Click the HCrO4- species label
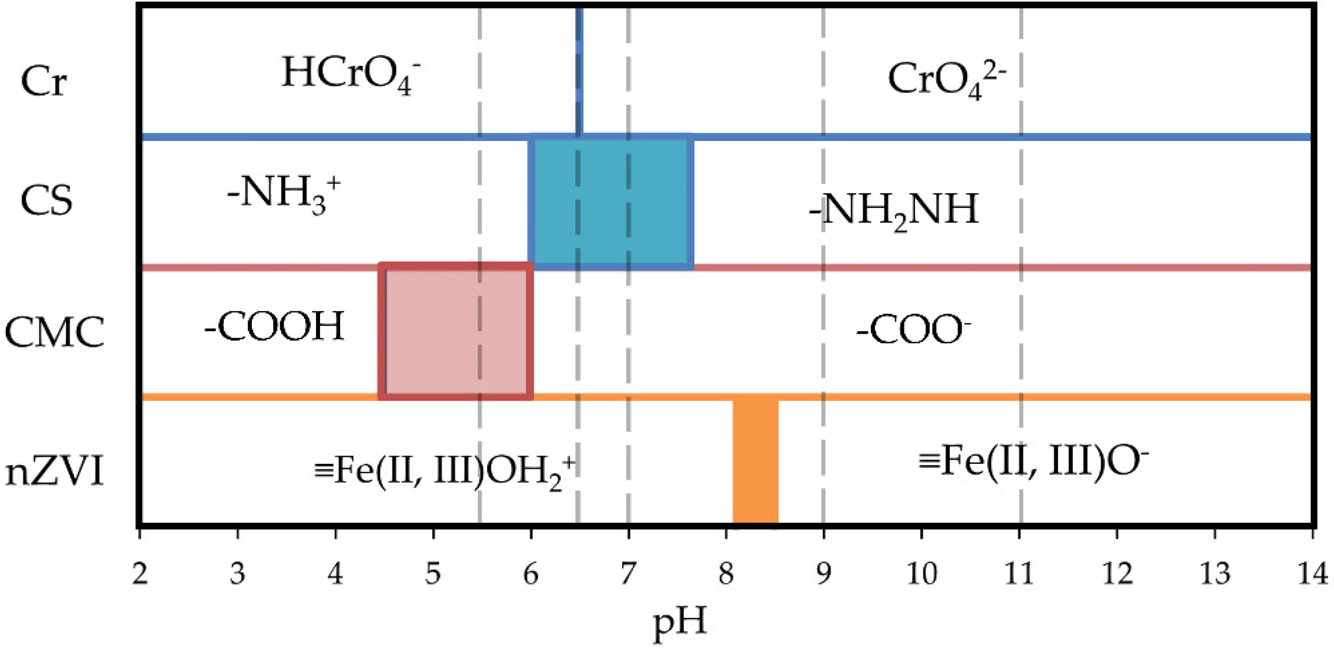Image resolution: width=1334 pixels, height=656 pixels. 350,76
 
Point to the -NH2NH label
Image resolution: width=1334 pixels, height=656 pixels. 894,210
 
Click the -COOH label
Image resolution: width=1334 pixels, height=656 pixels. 274,327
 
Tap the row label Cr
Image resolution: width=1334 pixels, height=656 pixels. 44,82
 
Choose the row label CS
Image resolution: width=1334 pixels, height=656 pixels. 46,201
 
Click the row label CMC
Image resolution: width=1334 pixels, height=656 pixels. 54,331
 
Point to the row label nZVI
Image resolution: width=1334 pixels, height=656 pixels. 54,473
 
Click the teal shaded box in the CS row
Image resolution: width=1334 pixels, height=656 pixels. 611,202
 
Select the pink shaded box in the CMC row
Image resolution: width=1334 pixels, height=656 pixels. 456,331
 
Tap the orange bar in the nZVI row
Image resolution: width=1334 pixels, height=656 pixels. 755,461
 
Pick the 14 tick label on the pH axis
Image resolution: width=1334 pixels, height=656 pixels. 1312,574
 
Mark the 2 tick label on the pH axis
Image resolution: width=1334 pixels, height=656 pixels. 140,574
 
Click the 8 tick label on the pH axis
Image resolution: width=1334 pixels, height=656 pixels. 726,574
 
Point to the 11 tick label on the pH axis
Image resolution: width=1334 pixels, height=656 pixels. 1019,574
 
